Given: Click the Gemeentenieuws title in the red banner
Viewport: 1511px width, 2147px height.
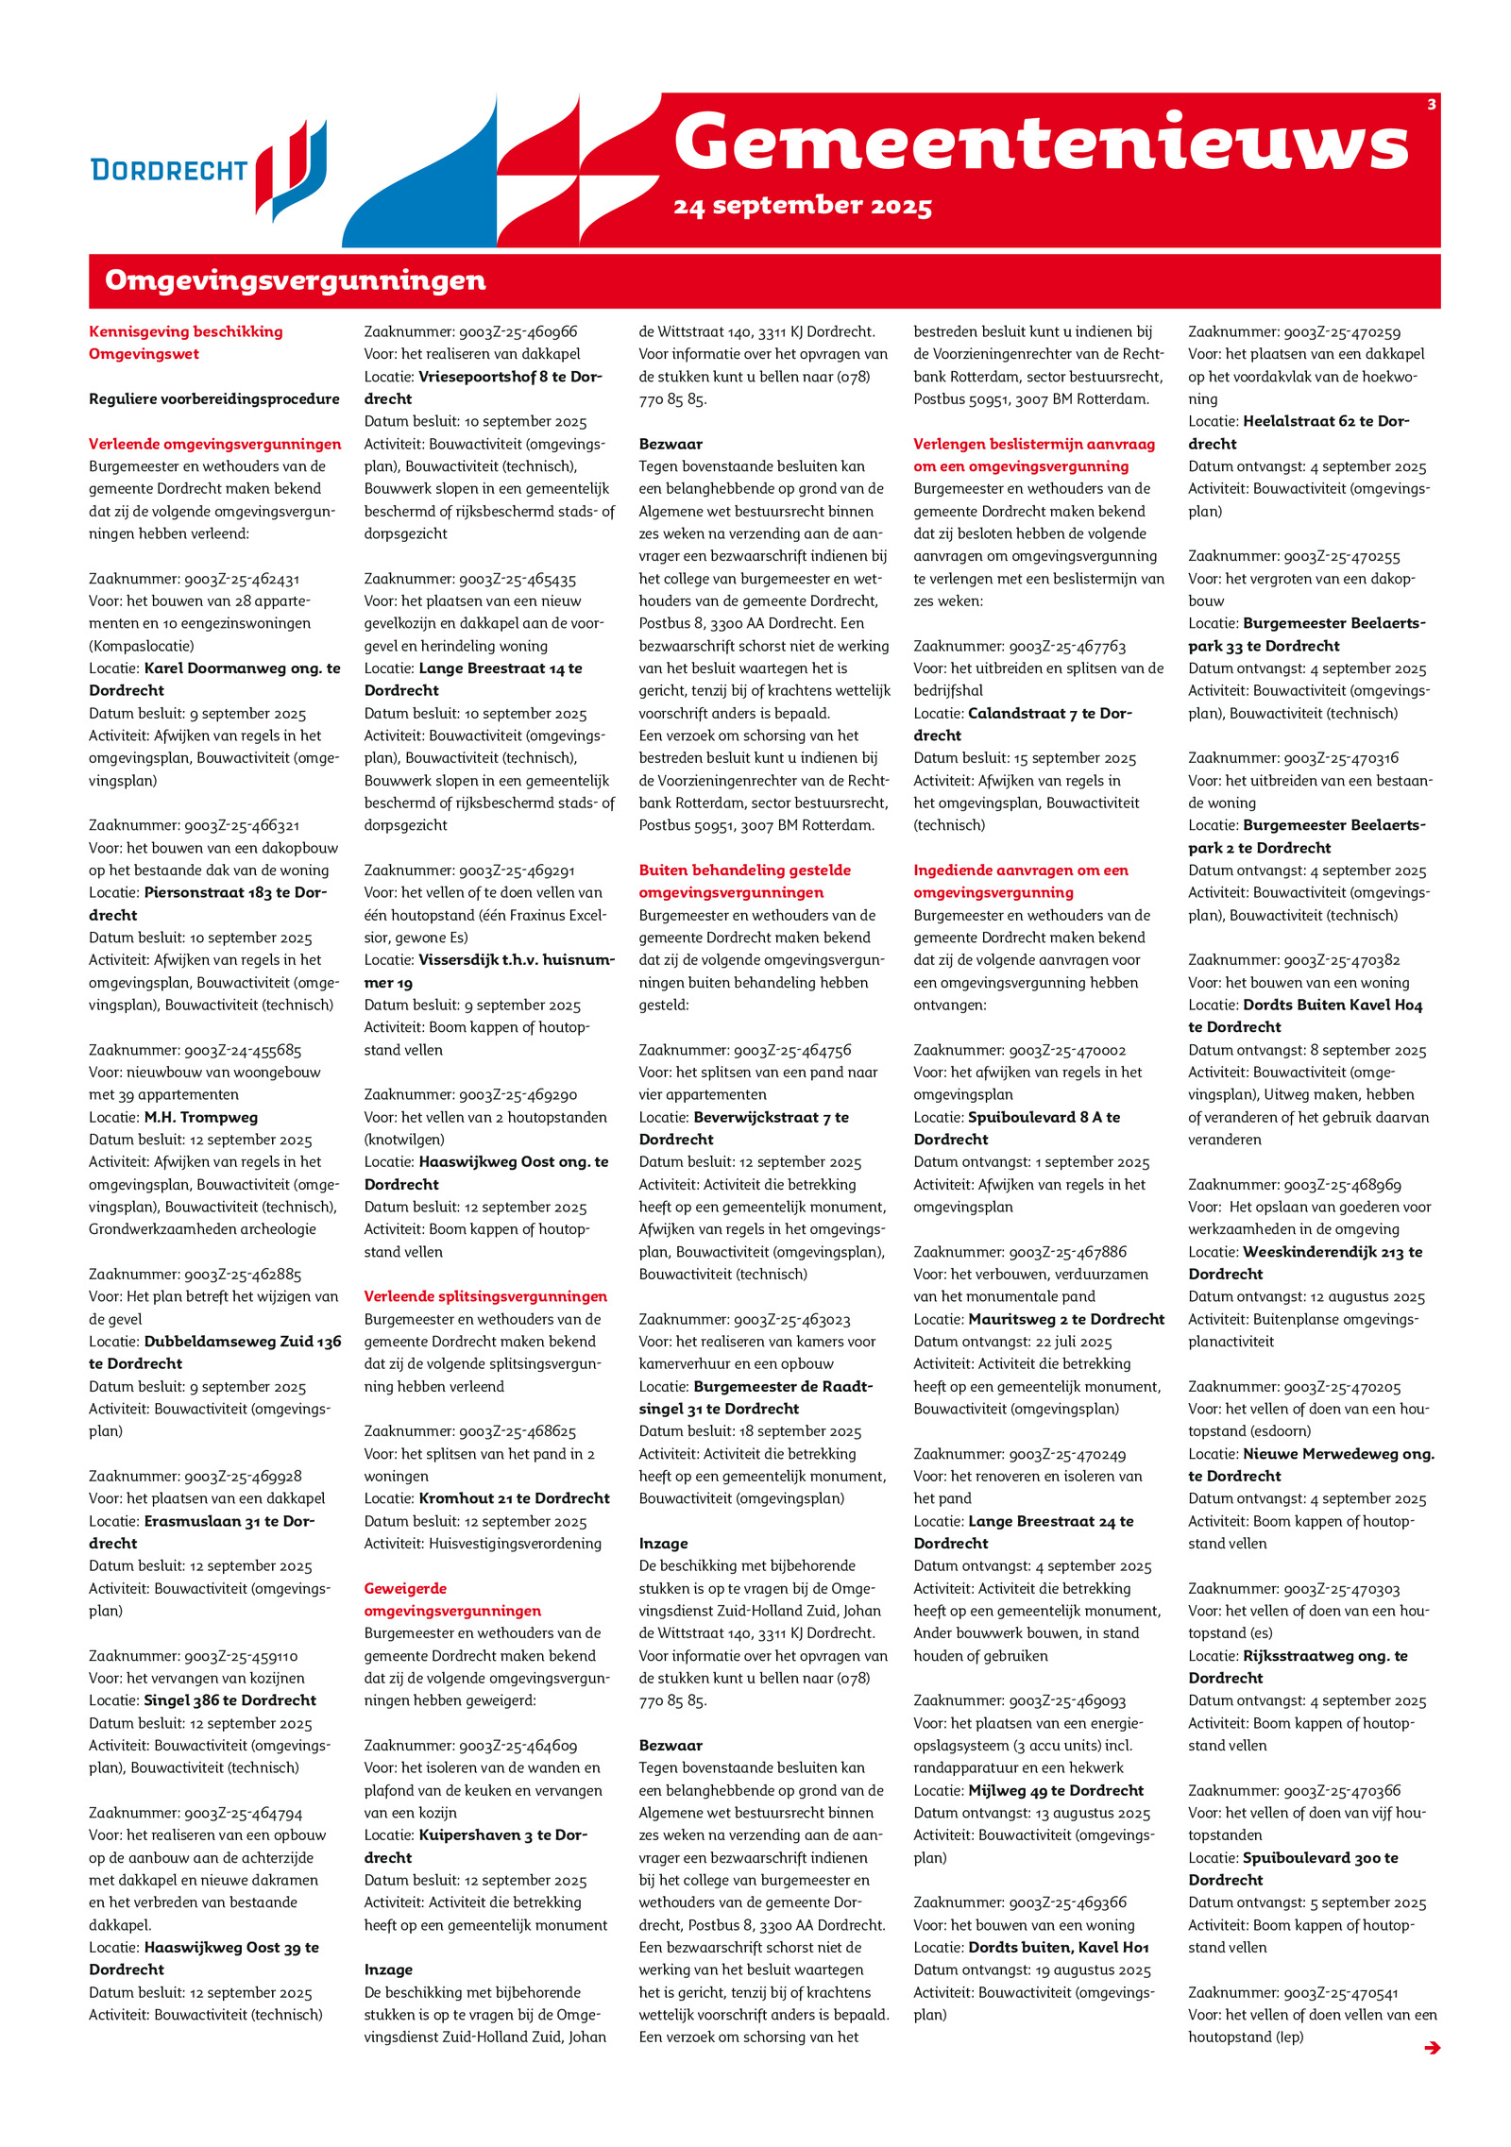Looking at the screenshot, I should pyautogui.click(x=1041, y=144).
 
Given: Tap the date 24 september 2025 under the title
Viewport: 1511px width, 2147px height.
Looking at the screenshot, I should pyautogui.click(x=803, y=206).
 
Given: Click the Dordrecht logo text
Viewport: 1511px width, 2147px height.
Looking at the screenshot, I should pyautogui.click(x=169, y=170).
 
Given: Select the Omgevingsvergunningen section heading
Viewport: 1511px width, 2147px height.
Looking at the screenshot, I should pyautogui.click(x=295, y=280).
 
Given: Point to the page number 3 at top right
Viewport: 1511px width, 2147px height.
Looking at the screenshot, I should pyautogui.click(x=1431, y=105).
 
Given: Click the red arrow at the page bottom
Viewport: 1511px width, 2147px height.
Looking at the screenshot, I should pyautogui.click(x=1432, y=2048).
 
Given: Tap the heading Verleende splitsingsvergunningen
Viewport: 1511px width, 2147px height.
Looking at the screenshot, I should pyautogui.click(x=485, y=1296).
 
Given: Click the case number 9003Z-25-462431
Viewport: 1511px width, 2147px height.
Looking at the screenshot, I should pyautogui.click(x=241, y=579).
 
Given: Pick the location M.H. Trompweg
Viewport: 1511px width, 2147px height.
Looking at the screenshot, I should pyautogui.click(x=200, y=1117).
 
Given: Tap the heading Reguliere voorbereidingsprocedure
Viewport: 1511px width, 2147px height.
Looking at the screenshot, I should pyautogui.click(x=214, y=398).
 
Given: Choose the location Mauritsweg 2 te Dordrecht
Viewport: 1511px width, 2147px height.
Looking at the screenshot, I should pyautogui.click(x=1066, y=1319).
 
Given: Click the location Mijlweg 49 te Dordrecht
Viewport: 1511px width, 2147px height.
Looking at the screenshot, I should pyautogui.click(x=1056, y=1790).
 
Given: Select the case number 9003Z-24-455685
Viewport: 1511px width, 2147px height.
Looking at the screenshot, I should pyautogui.click(x=242, y=1050).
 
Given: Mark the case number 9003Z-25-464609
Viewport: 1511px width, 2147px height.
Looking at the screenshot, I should pyautogui.click(x=518, y=1746).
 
